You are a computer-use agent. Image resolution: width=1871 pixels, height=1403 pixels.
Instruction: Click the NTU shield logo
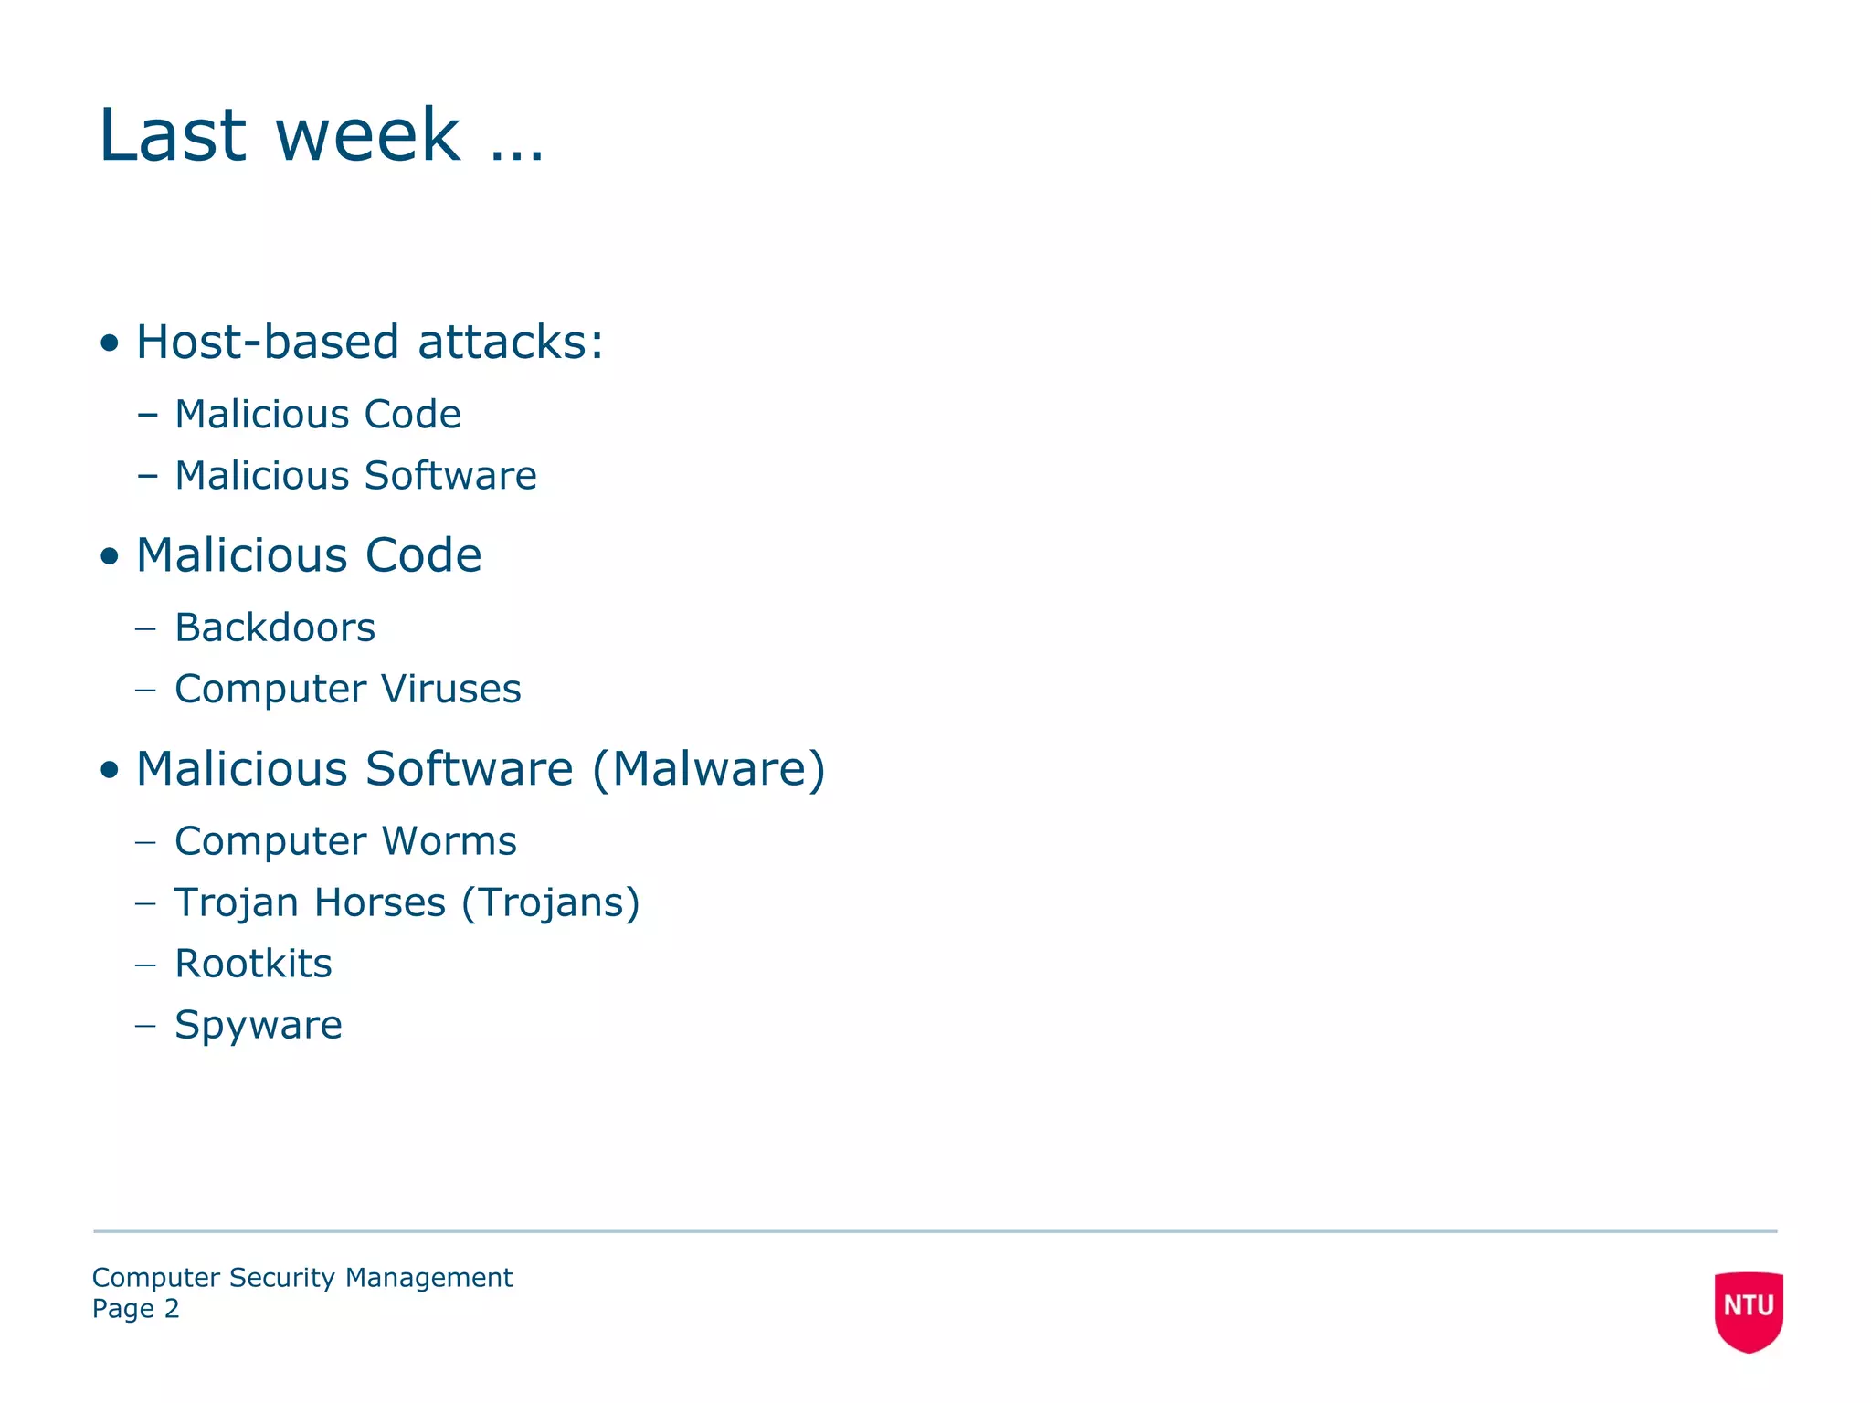click(1748, 1310)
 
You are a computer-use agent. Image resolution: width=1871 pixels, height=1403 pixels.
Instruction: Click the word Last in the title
click(173, 135)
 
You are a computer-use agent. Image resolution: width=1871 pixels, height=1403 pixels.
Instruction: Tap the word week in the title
click(367, 135)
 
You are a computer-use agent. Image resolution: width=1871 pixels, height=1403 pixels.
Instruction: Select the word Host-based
click(268, 343)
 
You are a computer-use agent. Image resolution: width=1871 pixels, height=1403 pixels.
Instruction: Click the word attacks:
click(511, 343)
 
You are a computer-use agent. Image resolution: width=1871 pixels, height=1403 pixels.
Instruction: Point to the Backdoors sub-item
click(275, 628)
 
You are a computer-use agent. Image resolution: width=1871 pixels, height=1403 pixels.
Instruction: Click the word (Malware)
click(709, 769)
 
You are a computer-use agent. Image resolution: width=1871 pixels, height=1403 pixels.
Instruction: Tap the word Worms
click(449, 841)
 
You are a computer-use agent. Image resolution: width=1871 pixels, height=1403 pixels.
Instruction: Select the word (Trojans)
click(550, 902)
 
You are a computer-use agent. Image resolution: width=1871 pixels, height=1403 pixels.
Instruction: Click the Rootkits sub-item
click(253, 964)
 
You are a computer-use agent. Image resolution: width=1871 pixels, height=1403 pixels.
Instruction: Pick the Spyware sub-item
click(259, 1025)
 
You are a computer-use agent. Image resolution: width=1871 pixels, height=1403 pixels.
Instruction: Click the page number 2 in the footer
click(172, 1309)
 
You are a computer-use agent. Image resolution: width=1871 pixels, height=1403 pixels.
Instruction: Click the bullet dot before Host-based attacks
click(110, 344)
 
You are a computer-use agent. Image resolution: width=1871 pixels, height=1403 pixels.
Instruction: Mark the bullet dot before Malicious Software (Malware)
click(110, 770)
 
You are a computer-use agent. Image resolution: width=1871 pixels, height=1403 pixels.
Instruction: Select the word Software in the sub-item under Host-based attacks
click(450, 476)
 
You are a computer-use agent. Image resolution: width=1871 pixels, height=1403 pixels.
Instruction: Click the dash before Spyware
click(145, 1026)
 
